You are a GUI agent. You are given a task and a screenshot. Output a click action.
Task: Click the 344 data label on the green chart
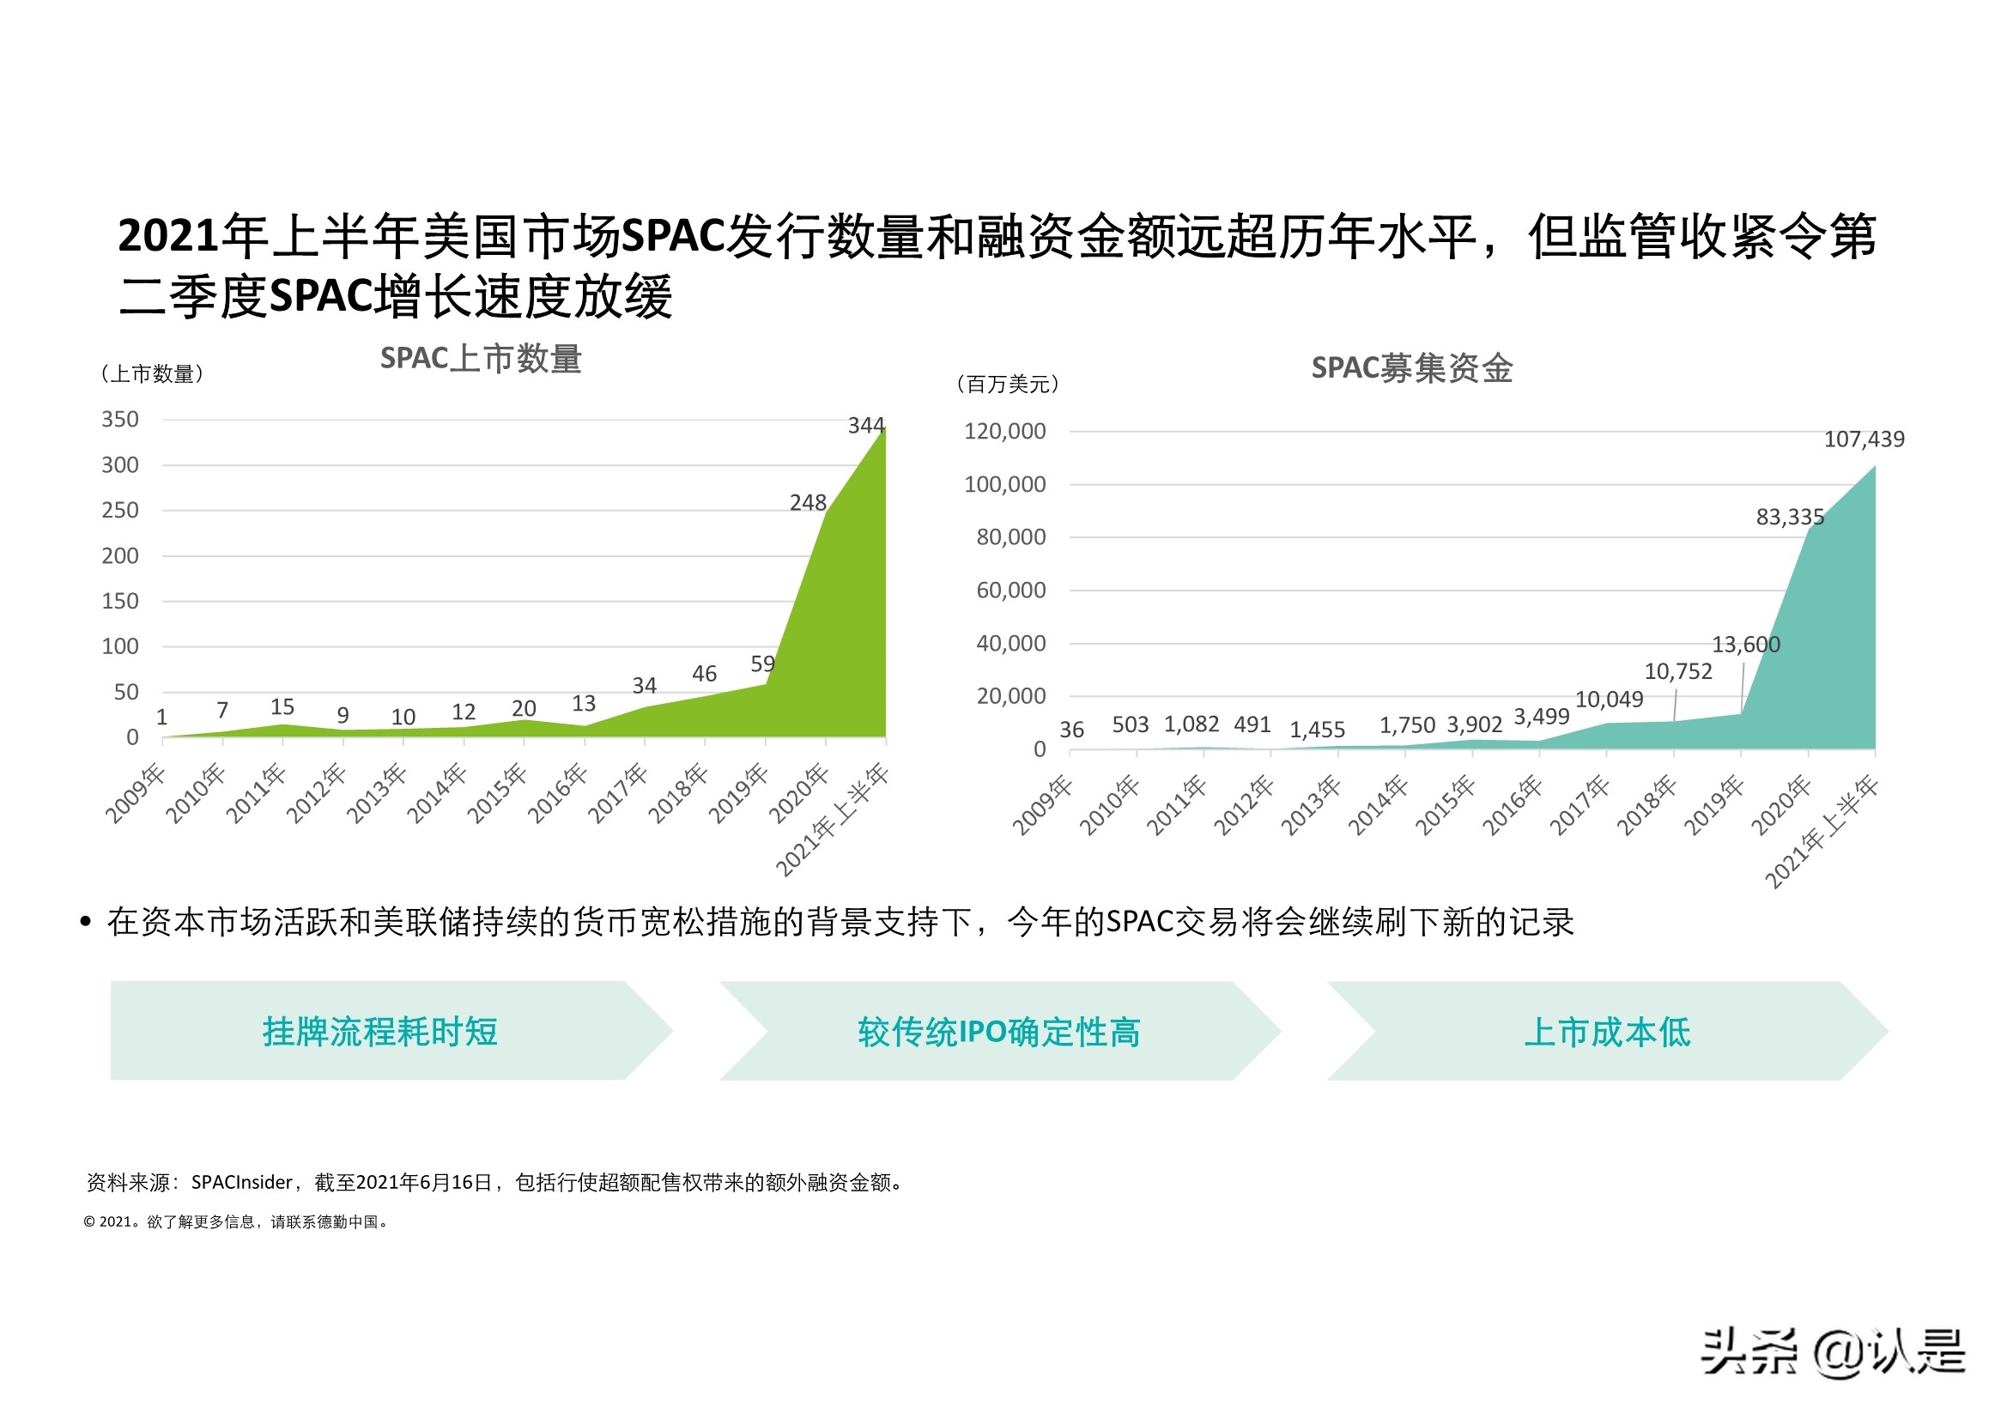coord(865,426)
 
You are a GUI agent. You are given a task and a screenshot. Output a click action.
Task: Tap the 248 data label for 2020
coord(807,503)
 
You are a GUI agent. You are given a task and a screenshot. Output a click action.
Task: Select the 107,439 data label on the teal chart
coord(1864,439)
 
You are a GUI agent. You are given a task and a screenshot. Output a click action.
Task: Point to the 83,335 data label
coord(1789,517)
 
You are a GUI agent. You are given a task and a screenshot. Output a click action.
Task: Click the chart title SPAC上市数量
coord(481,359)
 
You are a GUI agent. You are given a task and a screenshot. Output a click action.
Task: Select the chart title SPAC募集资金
coord(1411,368)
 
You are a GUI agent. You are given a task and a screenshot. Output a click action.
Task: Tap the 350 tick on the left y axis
coord(120,420)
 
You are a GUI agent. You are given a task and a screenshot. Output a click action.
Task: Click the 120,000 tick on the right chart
coord(1004,431)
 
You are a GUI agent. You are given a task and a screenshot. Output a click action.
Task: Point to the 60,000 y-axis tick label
coord(1010,590)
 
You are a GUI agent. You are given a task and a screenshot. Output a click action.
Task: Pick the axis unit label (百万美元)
coord(1008,384)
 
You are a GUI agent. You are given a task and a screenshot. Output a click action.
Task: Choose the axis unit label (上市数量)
coord(152,374)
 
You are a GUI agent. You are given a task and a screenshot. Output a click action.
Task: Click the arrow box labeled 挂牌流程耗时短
coord(380,1032)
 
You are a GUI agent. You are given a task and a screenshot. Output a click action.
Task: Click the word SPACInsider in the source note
coord(241,1183)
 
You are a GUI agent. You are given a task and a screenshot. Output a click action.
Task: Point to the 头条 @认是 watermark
coord(1832,1352)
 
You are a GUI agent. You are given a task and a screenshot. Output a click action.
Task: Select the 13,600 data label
coord(1745,645)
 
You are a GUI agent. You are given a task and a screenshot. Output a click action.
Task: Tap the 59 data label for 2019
coord(762,664)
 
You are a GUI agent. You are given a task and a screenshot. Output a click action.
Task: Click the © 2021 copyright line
coord(236,1222)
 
